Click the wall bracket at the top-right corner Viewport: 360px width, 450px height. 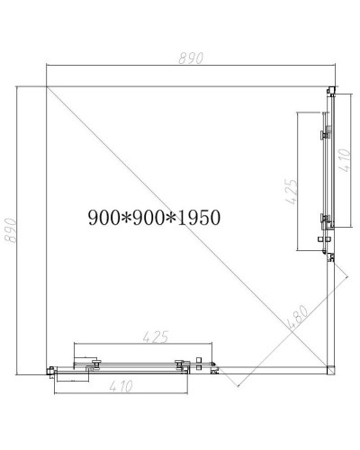click(x=330, y=90)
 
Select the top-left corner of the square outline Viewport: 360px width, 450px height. click(x=44, y=85)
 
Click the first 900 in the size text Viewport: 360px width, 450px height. click(x=104, y=217)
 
